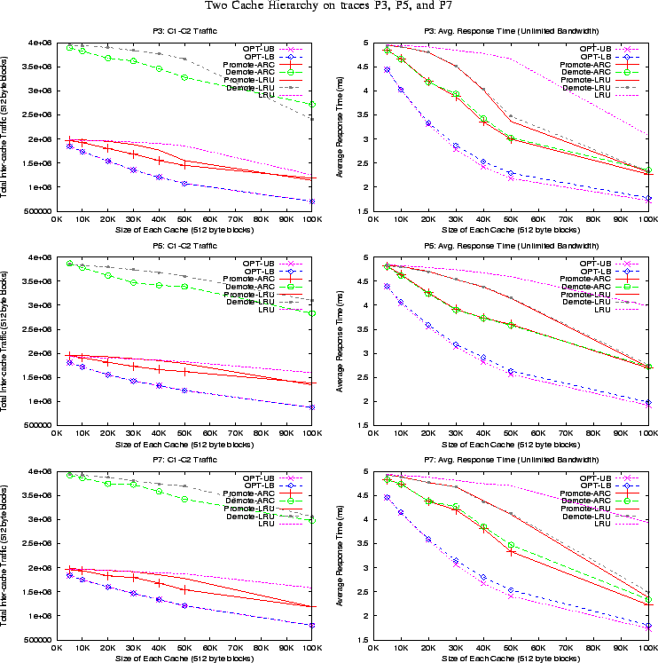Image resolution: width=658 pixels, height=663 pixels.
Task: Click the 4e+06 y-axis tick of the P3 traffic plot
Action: tap(37, 43)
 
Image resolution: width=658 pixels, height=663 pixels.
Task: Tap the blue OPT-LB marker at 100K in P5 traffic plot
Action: tap(310, 406)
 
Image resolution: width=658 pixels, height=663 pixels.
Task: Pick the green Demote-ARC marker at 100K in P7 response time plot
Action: tap(648, 600)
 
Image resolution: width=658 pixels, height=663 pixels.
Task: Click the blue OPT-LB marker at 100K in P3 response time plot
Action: tap(648, 198)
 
